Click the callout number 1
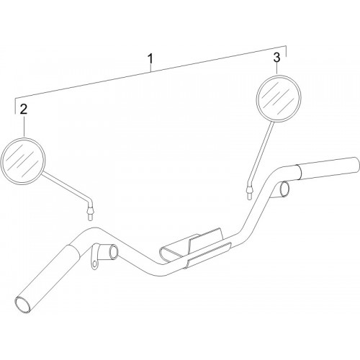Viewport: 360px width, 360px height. click(150, 59)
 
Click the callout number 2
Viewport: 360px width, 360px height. click(24, 109)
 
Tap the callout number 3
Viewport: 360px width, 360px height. click(276, 58)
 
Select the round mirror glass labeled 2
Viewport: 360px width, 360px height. click(23, 161)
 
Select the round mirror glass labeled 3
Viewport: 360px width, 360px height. click(279, 99)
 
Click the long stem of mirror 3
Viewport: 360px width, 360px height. click(261, 153)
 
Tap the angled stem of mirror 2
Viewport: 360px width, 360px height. click(67, 187)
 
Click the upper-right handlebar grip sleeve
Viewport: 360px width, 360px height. click(328, 168)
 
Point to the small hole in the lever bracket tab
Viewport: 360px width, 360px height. click(95, 264)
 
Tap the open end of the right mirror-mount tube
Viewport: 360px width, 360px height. click(284, 189)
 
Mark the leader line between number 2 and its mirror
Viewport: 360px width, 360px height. click(24, 127)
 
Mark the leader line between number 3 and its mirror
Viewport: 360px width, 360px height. click(277, 69)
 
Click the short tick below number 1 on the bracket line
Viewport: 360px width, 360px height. click(150, 68)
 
